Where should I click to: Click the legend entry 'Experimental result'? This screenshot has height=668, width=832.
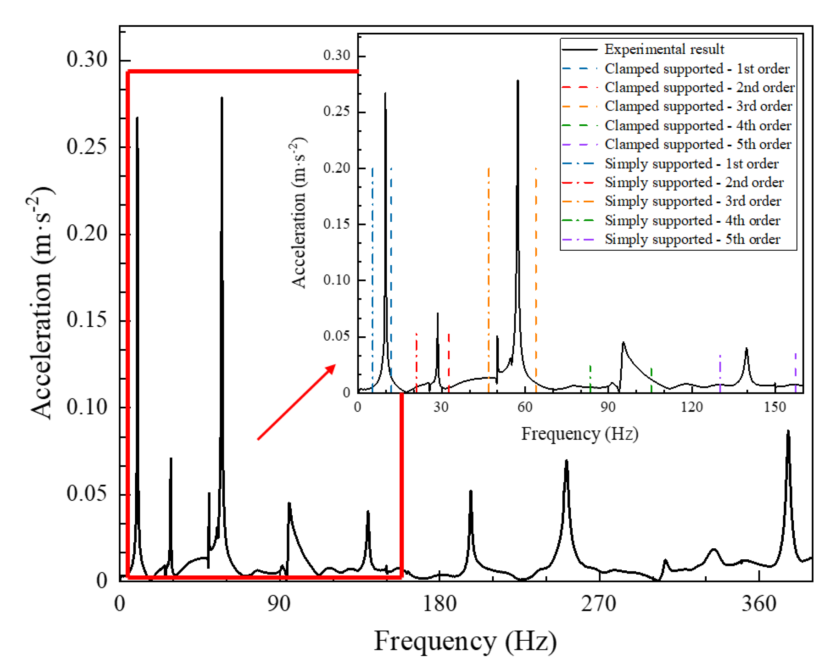664,49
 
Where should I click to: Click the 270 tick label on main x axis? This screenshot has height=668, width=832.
599,604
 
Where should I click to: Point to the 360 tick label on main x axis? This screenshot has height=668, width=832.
759,604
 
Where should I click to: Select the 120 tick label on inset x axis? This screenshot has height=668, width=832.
692,407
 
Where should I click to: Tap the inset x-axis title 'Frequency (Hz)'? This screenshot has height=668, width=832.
580,434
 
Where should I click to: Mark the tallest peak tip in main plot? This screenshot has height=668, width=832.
222,98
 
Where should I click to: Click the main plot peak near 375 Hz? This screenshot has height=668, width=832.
788,431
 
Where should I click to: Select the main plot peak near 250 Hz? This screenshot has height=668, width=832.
566,461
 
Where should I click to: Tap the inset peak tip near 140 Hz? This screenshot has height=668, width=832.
746,349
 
